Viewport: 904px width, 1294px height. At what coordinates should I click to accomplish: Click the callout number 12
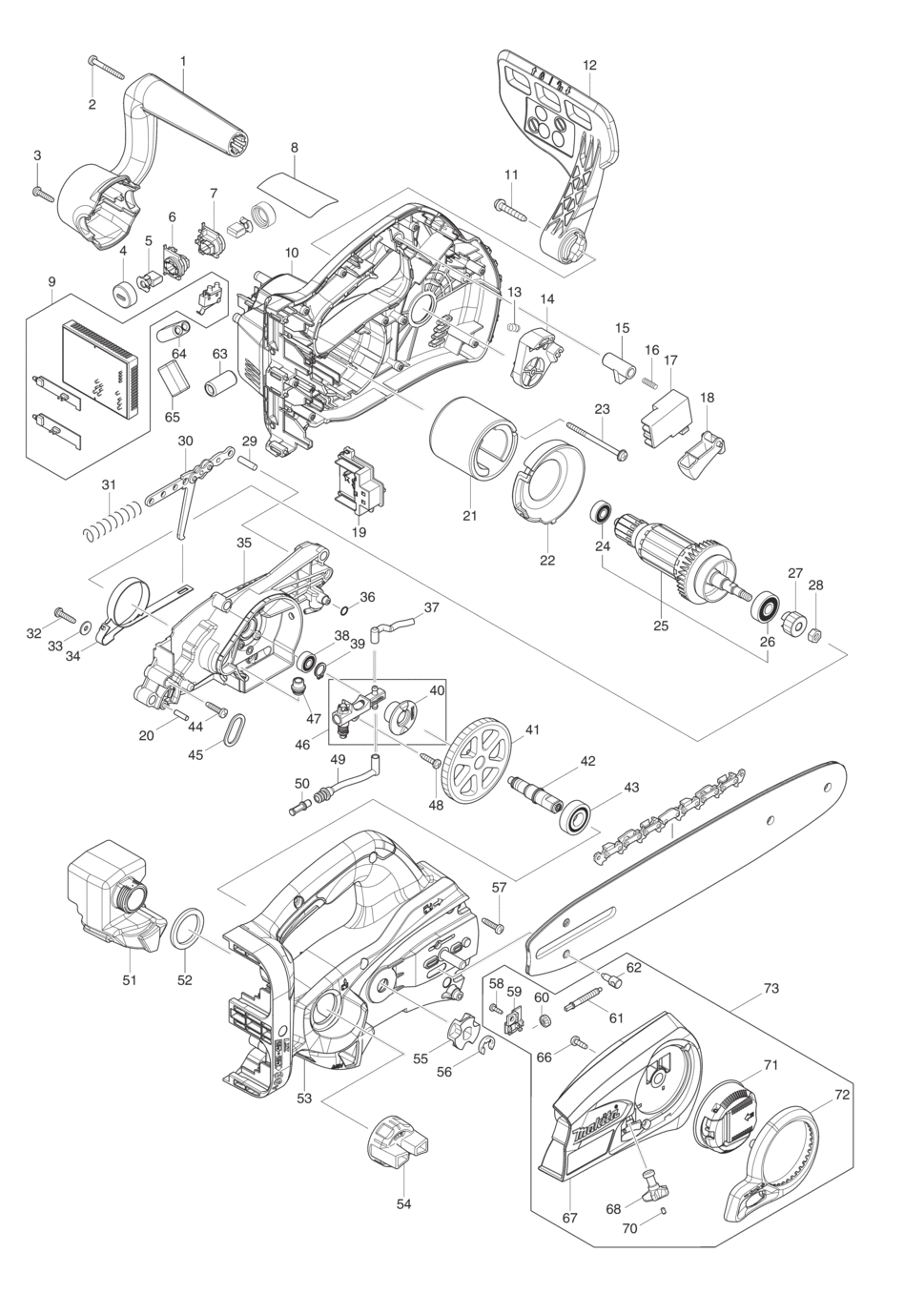tap(589, 65)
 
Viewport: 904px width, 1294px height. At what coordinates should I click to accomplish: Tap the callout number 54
tap(403, 1203)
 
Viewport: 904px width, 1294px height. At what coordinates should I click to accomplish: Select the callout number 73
tap(771, 989)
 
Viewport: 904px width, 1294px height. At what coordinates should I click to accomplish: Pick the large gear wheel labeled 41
tap(480, 760)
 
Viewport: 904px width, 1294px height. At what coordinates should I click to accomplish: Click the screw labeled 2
tap(107, 68)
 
